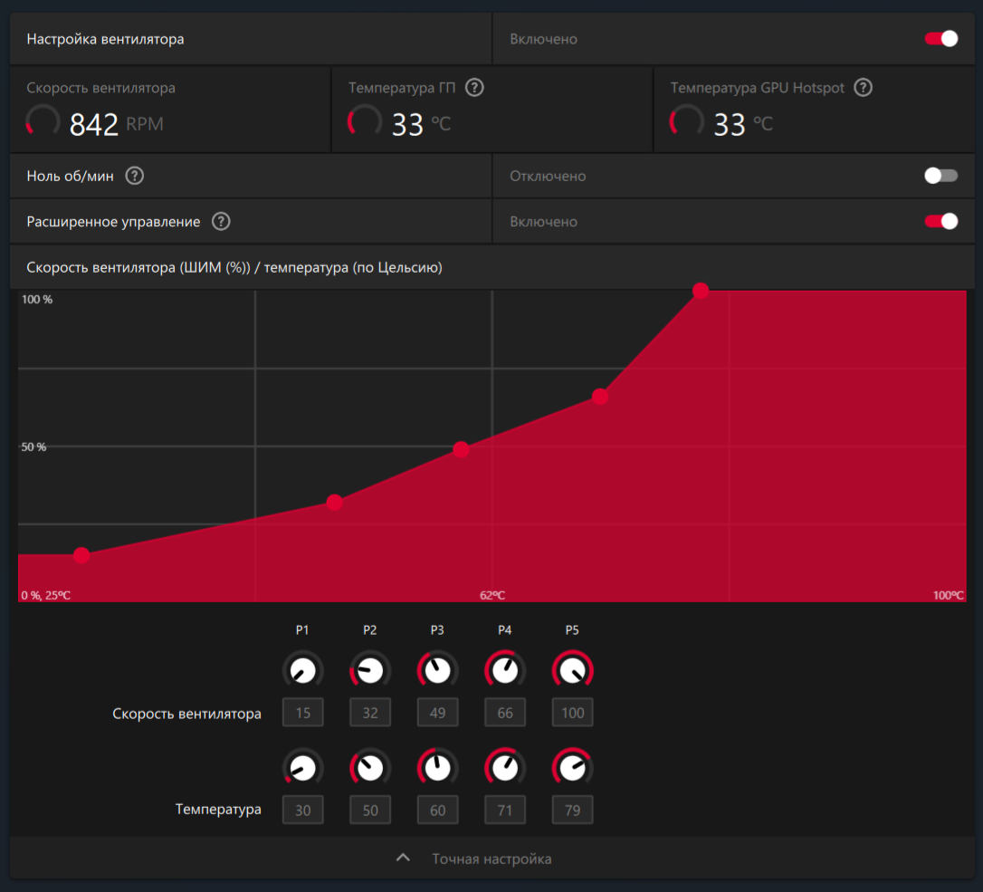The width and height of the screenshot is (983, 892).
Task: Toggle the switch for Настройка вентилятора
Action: (940, 39)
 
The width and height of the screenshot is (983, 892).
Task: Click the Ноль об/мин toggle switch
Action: (940, 176)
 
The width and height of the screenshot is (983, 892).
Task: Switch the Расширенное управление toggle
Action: (940, 222)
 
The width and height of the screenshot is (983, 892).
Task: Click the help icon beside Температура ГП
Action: (474, 88)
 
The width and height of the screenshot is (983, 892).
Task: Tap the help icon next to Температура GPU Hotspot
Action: (864, 88)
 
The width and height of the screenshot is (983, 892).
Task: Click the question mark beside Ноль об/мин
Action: (135, 176)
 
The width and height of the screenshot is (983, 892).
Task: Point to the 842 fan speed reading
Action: (94, 124)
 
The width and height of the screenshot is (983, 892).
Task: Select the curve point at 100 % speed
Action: (701, 291)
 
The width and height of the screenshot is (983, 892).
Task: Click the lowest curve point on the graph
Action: (81, 555)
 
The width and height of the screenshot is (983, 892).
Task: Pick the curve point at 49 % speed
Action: (461, 449)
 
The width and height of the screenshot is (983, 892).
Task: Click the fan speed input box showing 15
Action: (302, 713)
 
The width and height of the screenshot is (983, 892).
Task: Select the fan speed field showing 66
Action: (505, 713)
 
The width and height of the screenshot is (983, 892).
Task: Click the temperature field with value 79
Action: (572, 810)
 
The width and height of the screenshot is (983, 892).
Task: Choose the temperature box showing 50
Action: (370, 810)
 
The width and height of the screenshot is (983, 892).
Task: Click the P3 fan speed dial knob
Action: (437, 671)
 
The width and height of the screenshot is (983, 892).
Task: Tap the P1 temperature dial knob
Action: (302, 768)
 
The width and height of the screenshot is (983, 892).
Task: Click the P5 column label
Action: (572, 630)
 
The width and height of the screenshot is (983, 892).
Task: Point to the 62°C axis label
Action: (492, 595)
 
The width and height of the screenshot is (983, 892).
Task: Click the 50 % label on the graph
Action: (34, 447)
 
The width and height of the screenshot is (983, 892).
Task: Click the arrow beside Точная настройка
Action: (404, 858)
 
